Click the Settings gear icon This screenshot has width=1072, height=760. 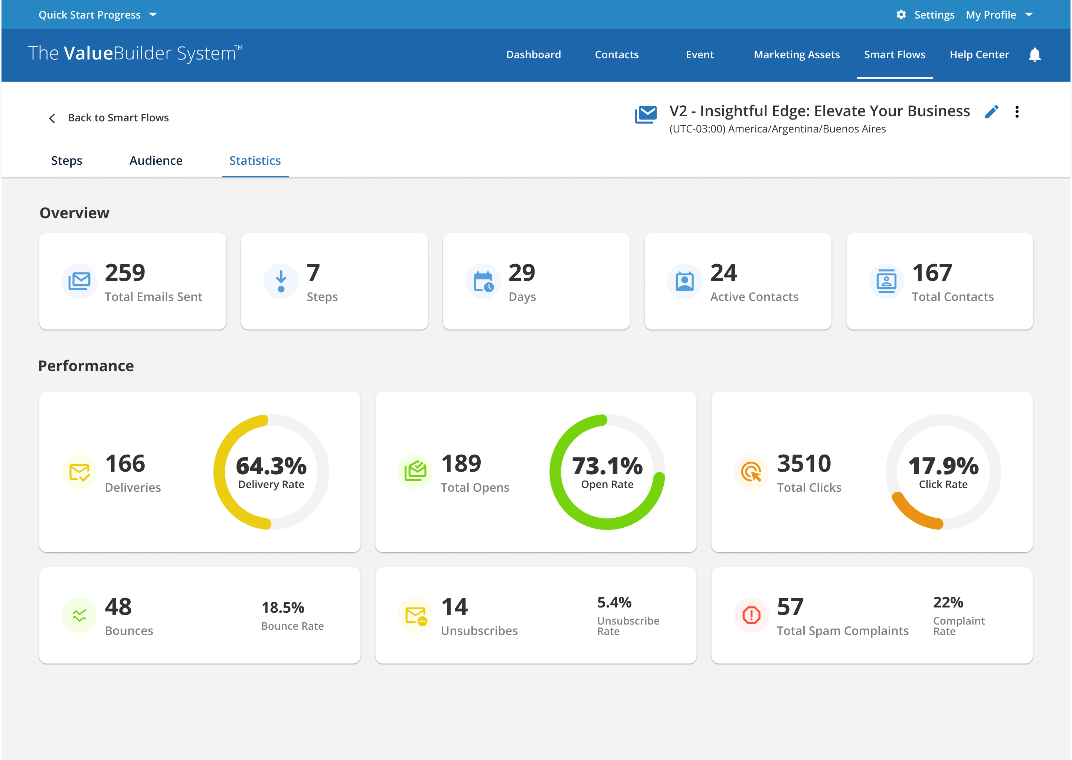[901, 15]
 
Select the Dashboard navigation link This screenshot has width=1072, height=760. [533, 55]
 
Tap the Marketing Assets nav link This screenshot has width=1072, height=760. [796, 55]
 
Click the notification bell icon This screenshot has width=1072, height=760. [1035, 55]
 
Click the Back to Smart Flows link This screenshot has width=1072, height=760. [118, 118]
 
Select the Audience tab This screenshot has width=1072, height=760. [156, 161]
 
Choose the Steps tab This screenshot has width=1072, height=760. [66, 161]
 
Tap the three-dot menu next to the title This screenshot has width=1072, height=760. [1017, 112]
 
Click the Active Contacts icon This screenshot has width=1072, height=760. [684, 282]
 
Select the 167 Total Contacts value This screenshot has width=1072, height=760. [932, 273]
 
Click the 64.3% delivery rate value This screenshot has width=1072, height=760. [271, 466]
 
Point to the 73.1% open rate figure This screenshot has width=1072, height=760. [607, 466]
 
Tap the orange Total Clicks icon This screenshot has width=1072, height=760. [751, 472]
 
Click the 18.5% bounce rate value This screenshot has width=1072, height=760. [283, 607]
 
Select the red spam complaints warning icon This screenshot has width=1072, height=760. [751, 615]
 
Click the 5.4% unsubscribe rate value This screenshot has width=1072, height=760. [614, 602]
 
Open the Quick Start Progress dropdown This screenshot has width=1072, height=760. [97, 15]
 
